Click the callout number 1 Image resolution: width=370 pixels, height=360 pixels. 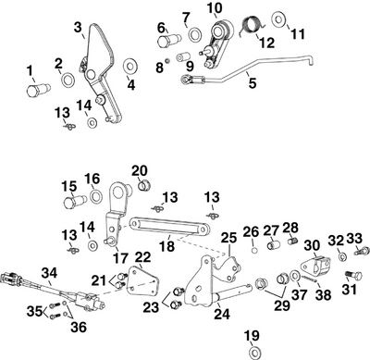[x=30, y=69]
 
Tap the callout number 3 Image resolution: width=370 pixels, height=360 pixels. [x=78, y=27]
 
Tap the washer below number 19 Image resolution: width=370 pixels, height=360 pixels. [x=253, y=352]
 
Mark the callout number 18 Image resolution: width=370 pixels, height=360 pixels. [x=167, y=248]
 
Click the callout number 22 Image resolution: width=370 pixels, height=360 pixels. [x=142, y=256]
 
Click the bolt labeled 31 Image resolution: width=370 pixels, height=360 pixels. [x=350, y=275]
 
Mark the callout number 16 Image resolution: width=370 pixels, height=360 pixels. [x=92, y=178]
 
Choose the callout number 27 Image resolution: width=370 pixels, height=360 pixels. [x=271, y=230]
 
